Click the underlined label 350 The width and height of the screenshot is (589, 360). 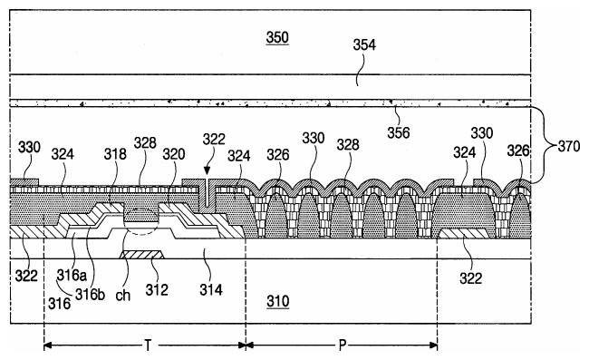[x=277, y=38]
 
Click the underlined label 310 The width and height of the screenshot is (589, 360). [x=278, y=301]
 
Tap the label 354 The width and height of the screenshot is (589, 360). [x=364, y=44]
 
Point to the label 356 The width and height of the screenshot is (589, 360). [x=399, y=132]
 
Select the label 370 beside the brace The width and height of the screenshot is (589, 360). [x=569, y=146]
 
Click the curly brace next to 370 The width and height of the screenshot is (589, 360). [x=543, y=145]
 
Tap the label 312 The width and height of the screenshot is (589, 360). [x=157, y=289]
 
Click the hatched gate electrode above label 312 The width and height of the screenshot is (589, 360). [x=141, y=255]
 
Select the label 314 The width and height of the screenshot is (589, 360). [x=211, y=289]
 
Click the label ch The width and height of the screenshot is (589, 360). [x=123, y=296]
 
